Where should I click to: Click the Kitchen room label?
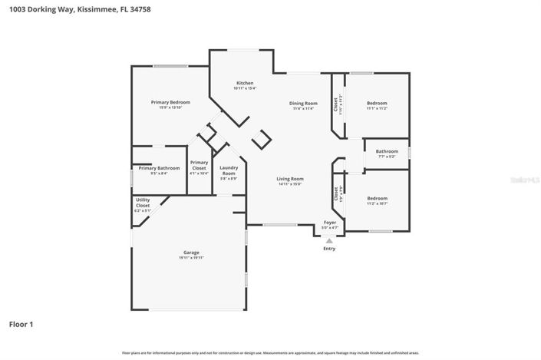(x=245, y=83)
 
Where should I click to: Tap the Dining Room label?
(x=303, y=103)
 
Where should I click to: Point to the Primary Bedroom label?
(x=170, y=102)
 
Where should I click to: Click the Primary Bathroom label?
(x=159, y=168)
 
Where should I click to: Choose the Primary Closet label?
(x=199, y=164)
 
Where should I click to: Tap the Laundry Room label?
(x=229, y=170)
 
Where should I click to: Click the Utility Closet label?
(x=143, y=203)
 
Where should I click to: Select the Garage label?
(x=191, y=252)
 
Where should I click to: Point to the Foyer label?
(x=329, y=222)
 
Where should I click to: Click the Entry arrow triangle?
(x=329, y=240)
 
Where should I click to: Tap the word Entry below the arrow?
(x=329, y=249)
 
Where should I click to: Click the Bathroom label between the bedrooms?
(x=387, y=151)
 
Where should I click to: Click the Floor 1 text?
(x=21, y=324)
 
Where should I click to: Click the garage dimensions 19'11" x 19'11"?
(x=191, y=257)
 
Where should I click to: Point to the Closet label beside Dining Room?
(x=335, y=104)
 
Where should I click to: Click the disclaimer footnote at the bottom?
(x=270, y=352)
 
